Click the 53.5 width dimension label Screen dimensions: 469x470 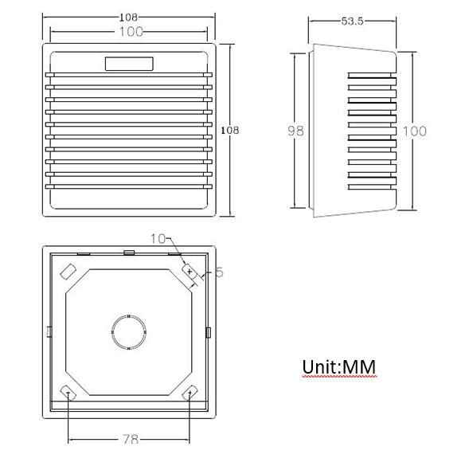click(x=352, y=22)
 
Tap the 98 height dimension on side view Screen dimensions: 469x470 click(x=295, y=131)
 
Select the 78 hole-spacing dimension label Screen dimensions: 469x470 click(x=131, y=440)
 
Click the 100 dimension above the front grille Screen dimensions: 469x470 click(x=131, y=32)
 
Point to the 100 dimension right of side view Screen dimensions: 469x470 click(x=415, y=131)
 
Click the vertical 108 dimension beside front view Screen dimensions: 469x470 click(x=230, y=131)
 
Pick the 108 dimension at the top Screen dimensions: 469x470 click(x=128, y=18)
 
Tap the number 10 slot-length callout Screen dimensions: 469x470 click(x=158, y=239)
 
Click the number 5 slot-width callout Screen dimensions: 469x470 click(x=220, y=272)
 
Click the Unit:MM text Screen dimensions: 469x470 click(x=339, y=366)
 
